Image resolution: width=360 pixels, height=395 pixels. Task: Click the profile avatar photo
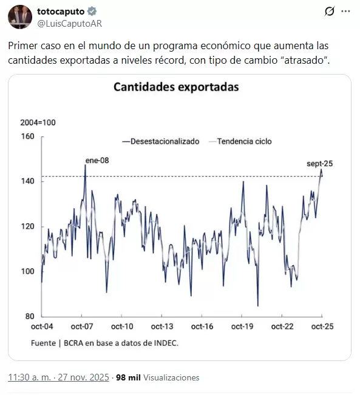[x=19, y=17]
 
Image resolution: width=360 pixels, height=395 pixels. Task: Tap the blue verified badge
[x=92, y=12]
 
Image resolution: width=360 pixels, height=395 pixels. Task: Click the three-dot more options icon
[x=345, y=12]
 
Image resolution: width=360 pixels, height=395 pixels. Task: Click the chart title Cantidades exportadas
[x=176, y=87]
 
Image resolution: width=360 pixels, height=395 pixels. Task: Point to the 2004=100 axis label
[x=38, y=123]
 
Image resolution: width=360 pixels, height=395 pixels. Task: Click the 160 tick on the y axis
[x=29, y=137]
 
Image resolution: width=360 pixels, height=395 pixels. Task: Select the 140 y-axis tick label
[x=29, y=181]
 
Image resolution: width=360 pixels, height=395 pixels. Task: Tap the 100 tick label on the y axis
[x=29, y=271]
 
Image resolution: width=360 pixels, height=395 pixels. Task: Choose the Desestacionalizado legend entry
[x=160, y=141]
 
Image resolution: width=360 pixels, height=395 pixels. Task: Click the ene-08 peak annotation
[x=97, y=160]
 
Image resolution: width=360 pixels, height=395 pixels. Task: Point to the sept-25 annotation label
[x=319, y=163]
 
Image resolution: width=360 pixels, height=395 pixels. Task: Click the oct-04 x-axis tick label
[x=42, y=327]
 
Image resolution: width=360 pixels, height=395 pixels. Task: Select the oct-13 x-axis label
[x=161, y=327]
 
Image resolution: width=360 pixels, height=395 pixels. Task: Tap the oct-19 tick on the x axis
[x=241, y=327]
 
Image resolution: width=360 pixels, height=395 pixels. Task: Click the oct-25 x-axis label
[x=321, y=327]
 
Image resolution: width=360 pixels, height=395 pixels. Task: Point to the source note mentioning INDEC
[x=104, y=343]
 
